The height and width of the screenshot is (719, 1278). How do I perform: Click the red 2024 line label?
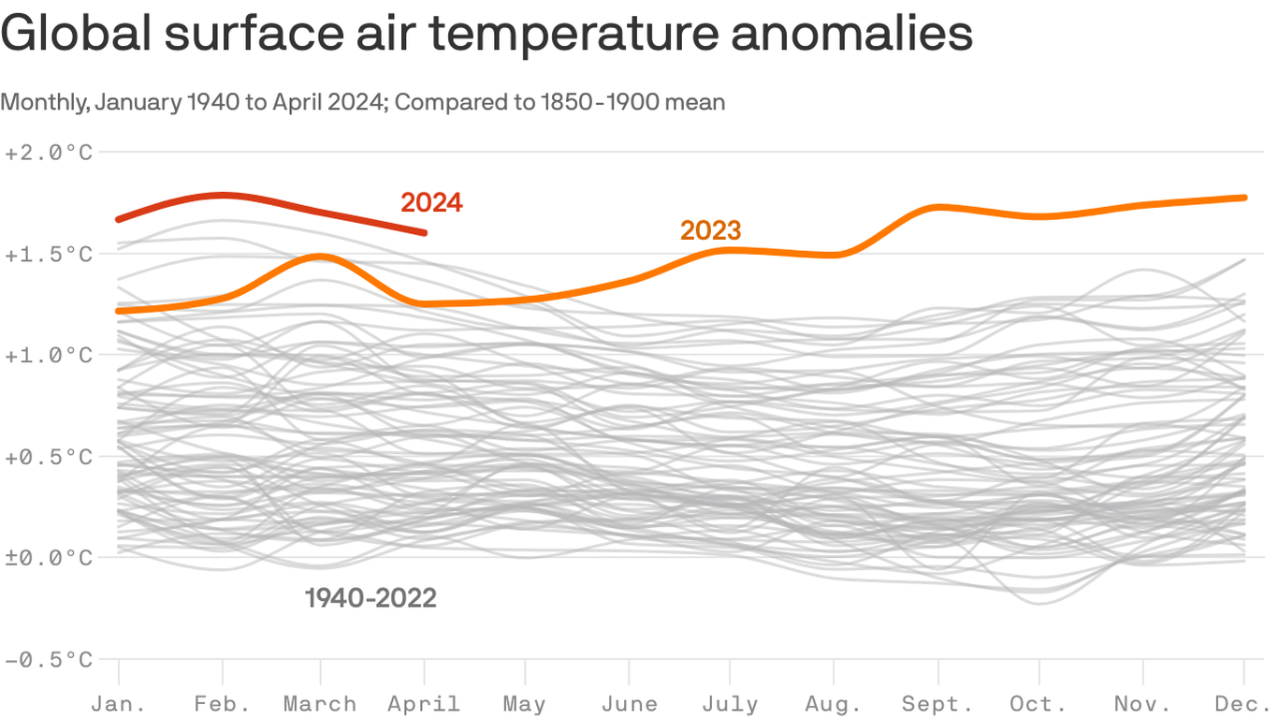coord(431,202)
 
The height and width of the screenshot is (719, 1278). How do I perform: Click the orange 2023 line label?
coord(710,230)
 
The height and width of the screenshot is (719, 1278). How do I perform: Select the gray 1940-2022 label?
coord(370,598)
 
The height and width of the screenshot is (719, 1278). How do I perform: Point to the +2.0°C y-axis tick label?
coord(49,153)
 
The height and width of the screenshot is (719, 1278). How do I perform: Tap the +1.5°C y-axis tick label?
coord(49,254)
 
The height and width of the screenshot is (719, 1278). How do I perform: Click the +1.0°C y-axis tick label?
coord(49,355)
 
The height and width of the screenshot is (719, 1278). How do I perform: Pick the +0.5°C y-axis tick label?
coord(49,457)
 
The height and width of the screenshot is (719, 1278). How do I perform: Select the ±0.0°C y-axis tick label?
coord(49,558)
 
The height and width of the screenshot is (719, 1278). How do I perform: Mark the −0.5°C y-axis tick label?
coord(49,660)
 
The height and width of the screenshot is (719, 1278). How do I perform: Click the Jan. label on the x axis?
coord(119,704)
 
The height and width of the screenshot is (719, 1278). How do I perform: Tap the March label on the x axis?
coord(320,704)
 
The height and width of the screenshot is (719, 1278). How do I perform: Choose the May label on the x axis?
coord(524,704)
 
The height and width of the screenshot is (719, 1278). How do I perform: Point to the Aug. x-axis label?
coord(833,704)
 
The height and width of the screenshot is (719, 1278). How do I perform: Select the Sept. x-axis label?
coord(937,704)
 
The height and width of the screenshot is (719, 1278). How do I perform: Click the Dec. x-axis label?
coord(1242,704)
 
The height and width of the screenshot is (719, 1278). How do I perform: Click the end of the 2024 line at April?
coord(425,232)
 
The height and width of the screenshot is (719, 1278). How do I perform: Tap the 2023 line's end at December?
coord(1244,198)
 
